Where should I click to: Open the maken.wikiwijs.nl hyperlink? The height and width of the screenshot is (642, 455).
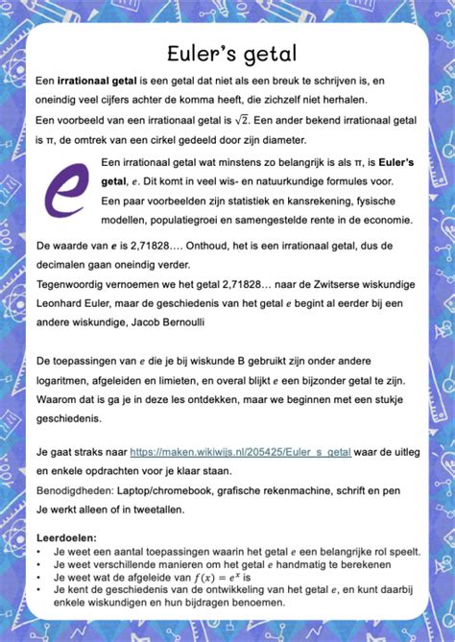tap(240, 450)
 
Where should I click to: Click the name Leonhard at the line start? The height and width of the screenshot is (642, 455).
tap(60, 302)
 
